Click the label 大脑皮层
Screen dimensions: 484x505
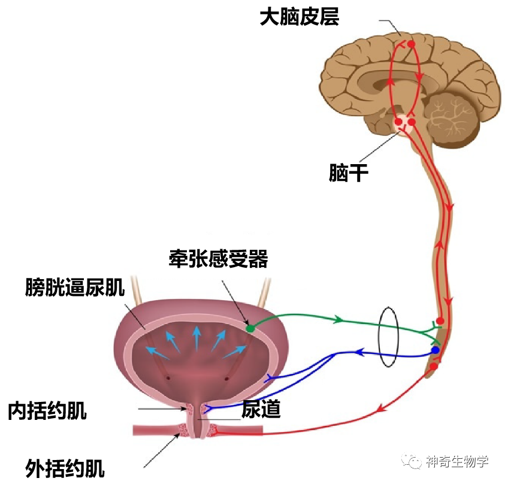click(299, 17)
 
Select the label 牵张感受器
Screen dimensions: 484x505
click(218, 259)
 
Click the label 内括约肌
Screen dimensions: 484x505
click(47, 411)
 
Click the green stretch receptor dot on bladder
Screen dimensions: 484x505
click(250, 328)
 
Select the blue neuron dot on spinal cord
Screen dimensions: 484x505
click(436, 350)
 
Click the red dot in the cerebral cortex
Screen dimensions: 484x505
click(411, 44)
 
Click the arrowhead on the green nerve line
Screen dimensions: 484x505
click(338, 320)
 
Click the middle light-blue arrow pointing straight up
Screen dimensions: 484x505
click(195, 339)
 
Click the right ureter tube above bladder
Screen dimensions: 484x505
click(262, 289)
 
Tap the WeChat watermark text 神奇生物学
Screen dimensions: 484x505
click(456, 461)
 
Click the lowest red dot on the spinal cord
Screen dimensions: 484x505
click(434, 366)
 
